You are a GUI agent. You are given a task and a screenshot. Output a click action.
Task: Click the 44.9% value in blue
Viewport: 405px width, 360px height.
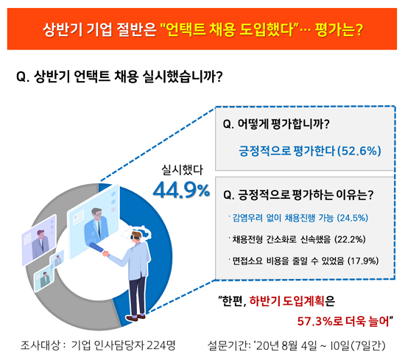[181, 190]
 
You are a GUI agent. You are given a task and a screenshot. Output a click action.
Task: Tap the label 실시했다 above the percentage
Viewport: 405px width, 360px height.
[182, 170]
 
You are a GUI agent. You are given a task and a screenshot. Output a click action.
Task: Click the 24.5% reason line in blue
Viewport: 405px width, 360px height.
[298, 218]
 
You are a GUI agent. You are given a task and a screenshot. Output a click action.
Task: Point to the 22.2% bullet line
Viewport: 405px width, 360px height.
[297, 239]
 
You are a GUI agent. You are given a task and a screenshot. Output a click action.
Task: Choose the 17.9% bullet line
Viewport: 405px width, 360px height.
[303, 261]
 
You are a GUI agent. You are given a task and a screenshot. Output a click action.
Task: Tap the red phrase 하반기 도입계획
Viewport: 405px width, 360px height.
[286, 301]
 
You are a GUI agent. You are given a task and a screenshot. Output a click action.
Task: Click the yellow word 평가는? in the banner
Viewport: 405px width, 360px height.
[339, 29]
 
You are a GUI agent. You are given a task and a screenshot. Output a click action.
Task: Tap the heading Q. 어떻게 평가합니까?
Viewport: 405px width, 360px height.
[276, 124]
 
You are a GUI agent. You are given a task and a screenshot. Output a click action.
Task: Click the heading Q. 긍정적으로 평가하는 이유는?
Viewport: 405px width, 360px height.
[298, 194]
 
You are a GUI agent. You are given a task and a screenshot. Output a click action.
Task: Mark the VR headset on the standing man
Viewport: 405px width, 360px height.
[136, 235]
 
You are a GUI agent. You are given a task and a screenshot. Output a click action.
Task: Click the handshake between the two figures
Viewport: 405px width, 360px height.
[105, 253]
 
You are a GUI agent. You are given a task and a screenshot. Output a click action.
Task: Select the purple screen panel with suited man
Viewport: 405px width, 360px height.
[39, 240]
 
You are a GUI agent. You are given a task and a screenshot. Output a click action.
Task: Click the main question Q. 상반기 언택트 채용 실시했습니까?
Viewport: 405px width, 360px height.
[119, 77]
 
